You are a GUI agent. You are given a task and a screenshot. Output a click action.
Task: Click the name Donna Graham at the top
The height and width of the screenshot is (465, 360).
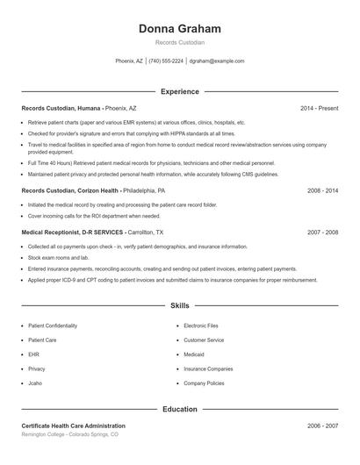click(179, 29)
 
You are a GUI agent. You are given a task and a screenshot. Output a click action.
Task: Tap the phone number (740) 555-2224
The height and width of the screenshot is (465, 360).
click(166, 61)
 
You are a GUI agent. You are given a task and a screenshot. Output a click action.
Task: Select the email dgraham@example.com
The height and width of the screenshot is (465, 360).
click(217, 61)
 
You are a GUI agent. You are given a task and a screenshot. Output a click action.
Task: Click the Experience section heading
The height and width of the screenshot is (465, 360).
click(179, 91)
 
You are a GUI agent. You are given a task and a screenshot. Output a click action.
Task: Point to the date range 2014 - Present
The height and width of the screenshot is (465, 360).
click(319, 108)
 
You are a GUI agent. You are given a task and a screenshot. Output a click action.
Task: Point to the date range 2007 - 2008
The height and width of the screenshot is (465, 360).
click(322, 232)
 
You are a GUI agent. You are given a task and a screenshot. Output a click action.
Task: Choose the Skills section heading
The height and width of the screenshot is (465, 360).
click(179, 305)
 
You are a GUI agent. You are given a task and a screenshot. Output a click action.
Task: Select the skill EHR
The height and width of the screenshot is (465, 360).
click(34, 354)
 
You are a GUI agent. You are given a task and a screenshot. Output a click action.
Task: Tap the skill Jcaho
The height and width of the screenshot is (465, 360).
click(36, 383)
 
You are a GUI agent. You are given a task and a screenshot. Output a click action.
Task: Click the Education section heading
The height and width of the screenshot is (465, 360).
click(179, 409)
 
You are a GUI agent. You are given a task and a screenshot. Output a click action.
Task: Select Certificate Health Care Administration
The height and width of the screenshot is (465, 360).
click(80, 426)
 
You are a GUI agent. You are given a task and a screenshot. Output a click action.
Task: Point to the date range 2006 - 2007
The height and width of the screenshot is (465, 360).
click(322, 426)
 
